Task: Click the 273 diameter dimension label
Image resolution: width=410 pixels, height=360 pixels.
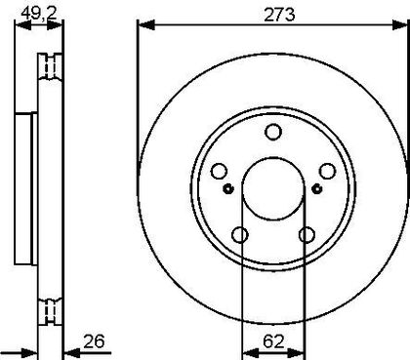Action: pyautogui.click(x=279, y=15)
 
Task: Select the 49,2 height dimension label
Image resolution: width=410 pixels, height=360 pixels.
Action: pyautogui.click(x=39, y=13)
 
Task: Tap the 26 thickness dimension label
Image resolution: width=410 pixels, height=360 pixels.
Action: pyautogui.click(x=94, y=341)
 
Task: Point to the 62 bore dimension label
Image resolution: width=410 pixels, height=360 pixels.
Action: pyautogui.click(x=273, y=341)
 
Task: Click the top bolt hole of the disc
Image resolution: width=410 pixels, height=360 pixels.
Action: pyautogui.click(x=273, y=132)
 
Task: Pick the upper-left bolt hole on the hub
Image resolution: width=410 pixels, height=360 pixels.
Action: pyautogui.click(x=219, y=171)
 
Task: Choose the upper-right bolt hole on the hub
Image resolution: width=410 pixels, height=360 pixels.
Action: pyautogui.click(x=327, y=171)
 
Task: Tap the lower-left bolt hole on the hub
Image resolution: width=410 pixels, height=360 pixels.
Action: pyautogui.click(x=240, y=235)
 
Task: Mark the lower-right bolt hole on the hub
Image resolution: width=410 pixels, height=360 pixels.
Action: pyautogui.click(x=307, y=235)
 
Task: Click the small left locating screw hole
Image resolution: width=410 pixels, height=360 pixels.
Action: pyautogui.click(x=229, y=188)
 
